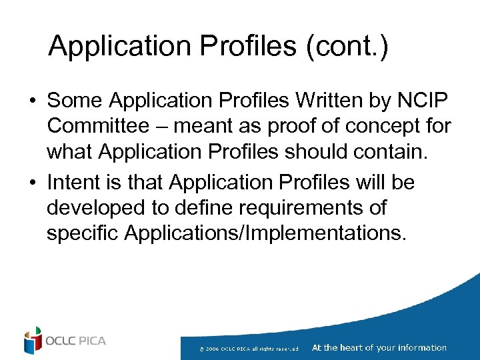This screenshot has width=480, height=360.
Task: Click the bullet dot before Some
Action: click(32, 101)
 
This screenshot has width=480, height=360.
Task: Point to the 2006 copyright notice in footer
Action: click(248, 348)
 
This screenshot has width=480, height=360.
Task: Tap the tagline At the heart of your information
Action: click(379, 347)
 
